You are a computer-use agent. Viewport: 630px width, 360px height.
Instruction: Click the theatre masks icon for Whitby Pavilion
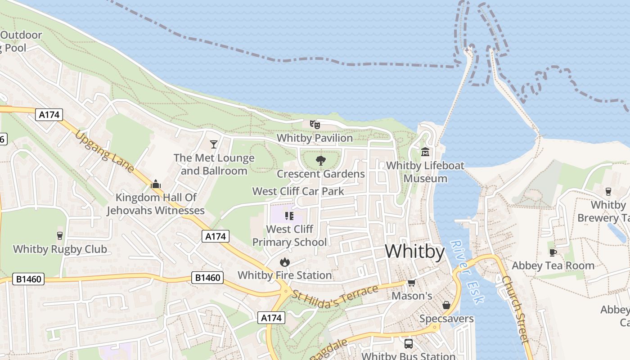click(x=315, y=124)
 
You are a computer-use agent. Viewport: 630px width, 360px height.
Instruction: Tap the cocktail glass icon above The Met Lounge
click(x=214, y=144)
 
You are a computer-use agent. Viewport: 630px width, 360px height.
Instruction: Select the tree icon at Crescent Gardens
click(x=320, y=160)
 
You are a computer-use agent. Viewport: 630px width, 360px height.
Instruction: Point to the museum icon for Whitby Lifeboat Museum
click(x=425, y=152)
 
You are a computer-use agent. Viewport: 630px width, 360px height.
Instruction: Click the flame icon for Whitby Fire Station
click(x=284, y=262)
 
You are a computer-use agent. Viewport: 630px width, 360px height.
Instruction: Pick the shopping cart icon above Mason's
click(x=411, y=283)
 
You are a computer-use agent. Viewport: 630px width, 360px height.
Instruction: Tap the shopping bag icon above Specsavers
click(x=446, y=305)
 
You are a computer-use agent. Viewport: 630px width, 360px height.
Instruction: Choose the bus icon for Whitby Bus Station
click(x=409, y=344)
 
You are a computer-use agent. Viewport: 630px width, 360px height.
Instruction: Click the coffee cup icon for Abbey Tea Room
click(x=553, y=252)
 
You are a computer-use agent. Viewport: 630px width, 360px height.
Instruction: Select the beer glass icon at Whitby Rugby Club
click(x=59, y=235)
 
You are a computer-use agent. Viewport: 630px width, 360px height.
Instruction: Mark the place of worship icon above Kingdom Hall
click(x=156, y=184)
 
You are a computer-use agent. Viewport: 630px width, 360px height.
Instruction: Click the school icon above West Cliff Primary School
click(x=289, y=216)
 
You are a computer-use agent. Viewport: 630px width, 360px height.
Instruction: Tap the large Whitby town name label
click(x=414, y=251)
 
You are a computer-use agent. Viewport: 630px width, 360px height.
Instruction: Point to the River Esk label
click(x=467, y=272)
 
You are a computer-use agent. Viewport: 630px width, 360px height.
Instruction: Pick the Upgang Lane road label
click(x=105, y=152)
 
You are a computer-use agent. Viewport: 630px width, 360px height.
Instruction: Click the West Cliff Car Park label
click(x=298, y=191)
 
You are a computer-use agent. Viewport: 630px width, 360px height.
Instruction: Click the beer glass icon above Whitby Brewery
click(x=608, y=192)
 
